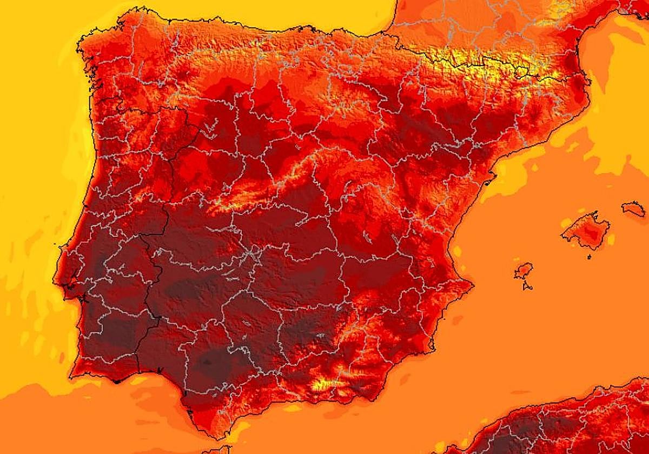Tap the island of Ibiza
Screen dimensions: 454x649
pos(524,270)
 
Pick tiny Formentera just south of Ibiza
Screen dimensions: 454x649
pos(527,285)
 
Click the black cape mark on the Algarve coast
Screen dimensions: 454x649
pos(117,381)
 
